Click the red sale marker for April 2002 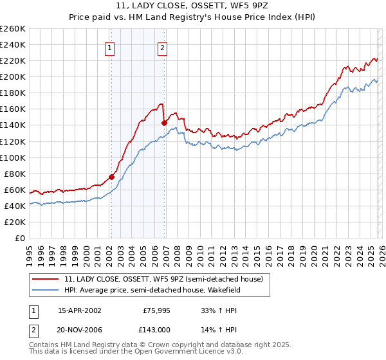111,177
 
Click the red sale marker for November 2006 164,122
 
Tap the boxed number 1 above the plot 110,48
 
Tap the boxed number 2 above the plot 162,48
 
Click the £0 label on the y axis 21,238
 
